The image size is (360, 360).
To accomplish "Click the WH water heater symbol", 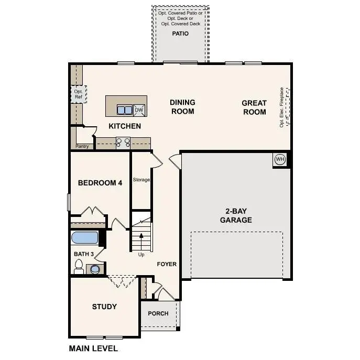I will [x=280, y=159].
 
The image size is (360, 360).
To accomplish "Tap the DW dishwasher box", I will [x=139, y=110].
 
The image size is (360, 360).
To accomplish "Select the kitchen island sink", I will [x=125, y=110].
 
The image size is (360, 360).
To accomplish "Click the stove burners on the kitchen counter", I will [x=123, y=141].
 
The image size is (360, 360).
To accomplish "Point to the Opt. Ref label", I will [x=78, y=94].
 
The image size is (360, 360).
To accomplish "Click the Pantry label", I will [x=82, y=146].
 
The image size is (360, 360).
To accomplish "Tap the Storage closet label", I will [x=141, y=180].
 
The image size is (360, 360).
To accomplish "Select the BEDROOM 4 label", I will [x=100, y=183].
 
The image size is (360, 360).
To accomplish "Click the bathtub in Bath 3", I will [x=85, y=237].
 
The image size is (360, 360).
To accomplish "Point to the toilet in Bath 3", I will [x=79, y=268].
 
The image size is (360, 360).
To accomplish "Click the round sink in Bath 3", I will [x=95, y=269].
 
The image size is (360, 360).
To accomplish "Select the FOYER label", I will [x=167, y=264].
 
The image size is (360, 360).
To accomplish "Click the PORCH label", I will [x=158, y=313].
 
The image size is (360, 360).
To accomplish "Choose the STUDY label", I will [x=104, y=307].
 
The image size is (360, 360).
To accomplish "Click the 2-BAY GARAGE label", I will [x=235, y=216].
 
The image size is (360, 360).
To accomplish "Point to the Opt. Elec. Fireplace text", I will [x=281, y=107].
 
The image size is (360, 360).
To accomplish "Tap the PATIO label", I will [x=180, y=34].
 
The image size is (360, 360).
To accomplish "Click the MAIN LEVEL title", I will [x=93, y=348].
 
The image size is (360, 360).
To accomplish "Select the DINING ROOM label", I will [x=182, y=107].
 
